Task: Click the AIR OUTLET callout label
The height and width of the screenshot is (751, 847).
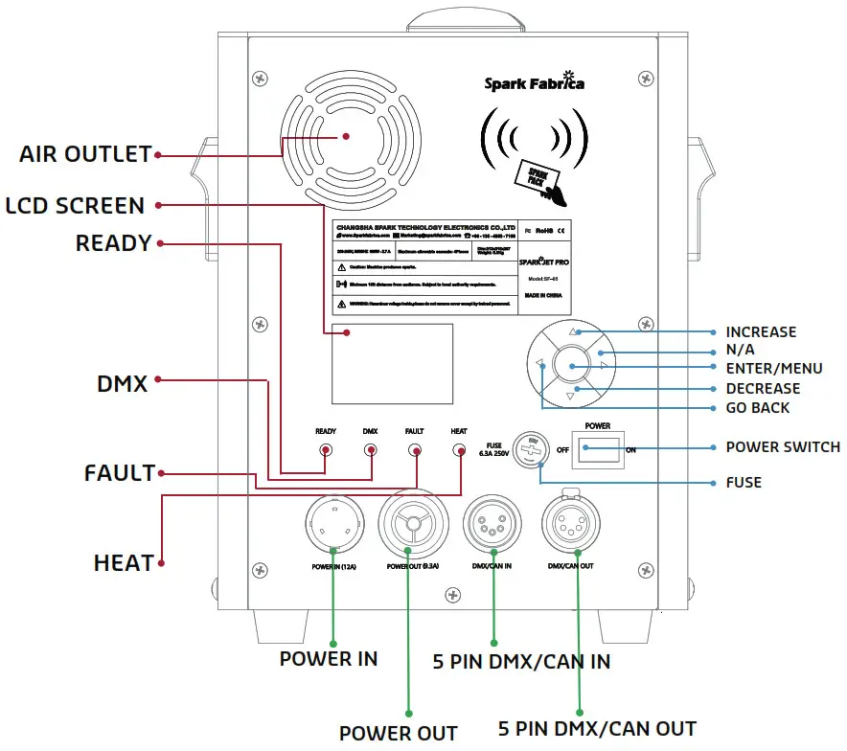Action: click(85, 154)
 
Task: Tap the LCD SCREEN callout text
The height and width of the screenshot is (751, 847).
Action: click(74, 206)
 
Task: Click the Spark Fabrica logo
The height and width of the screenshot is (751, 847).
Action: click(534, 82)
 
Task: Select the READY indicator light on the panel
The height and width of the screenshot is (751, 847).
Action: click(326, 448)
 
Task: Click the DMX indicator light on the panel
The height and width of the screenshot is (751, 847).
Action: click(370, 448)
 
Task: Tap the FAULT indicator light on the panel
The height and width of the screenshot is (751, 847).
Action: click(415, 448)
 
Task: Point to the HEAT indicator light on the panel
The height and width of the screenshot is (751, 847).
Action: click(459, 448)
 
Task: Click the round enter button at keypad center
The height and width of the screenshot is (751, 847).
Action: click(573, 365)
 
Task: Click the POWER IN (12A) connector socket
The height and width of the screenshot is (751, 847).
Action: click(332, 525)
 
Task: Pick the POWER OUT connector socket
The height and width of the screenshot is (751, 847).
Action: click(413, 525)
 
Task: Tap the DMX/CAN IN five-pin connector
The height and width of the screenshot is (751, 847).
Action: click(492, 525)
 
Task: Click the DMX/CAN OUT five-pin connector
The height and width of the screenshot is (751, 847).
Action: click(571, 525)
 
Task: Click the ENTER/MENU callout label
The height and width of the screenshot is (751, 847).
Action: click(773, 369)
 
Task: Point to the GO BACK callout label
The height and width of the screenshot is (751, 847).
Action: click(757, 408)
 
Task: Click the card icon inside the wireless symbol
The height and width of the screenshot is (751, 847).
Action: click(536, 179)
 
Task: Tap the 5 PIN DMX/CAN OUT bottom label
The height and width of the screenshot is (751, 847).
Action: click(598, 728)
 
